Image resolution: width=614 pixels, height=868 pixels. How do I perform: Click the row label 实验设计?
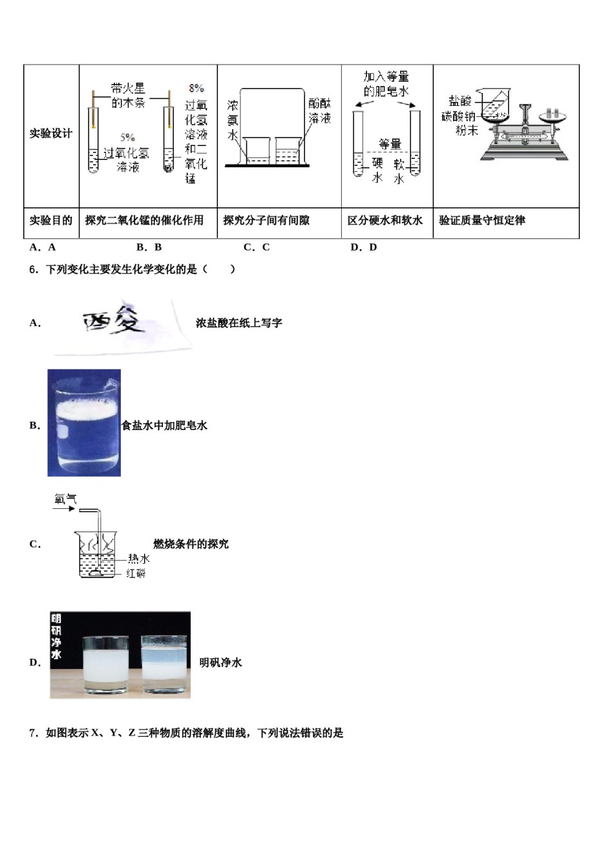51,134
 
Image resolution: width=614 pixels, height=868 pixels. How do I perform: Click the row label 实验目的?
51,221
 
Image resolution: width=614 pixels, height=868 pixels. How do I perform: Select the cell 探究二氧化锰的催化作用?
144,221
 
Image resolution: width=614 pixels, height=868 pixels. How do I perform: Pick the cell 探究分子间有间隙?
266,221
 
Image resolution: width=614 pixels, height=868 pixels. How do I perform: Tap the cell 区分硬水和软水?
385,221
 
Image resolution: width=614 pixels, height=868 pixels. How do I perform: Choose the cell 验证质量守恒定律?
482,221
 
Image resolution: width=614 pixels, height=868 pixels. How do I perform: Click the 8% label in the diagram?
196,88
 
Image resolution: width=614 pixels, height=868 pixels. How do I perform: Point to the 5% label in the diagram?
127,138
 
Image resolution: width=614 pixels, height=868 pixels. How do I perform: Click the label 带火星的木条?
128,96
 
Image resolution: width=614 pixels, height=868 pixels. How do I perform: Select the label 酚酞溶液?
319,110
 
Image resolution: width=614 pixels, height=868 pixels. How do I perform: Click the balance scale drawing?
525,132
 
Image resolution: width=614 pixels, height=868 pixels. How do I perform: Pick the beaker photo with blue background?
84,423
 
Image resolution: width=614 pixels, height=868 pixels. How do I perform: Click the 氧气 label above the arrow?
65,499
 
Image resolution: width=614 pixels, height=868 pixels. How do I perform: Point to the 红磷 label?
136,573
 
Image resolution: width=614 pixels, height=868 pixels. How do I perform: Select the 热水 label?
138,559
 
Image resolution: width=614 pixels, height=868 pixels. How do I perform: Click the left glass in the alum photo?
108,664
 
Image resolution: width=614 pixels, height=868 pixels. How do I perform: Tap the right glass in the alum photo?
164,663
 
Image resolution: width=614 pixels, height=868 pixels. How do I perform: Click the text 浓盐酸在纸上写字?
238,323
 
